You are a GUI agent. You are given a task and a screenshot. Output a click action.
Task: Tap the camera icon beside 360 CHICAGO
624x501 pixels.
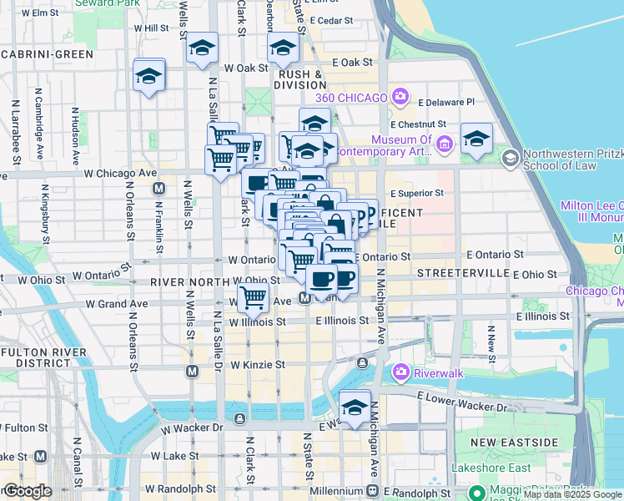400,97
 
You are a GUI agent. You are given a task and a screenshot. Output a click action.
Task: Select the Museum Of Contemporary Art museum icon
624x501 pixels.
444,146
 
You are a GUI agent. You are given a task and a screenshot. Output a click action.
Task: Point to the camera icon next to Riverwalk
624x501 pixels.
401,372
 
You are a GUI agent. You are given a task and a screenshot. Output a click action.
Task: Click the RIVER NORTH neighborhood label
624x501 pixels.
189,282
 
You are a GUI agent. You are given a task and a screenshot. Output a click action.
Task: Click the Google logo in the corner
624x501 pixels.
28,491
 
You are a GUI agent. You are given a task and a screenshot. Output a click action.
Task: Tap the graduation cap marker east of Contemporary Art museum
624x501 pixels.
476,140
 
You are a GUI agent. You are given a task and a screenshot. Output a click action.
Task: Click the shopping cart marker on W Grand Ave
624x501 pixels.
253,296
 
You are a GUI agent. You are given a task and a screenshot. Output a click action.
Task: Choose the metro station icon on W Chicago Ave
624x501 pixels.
159,190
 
